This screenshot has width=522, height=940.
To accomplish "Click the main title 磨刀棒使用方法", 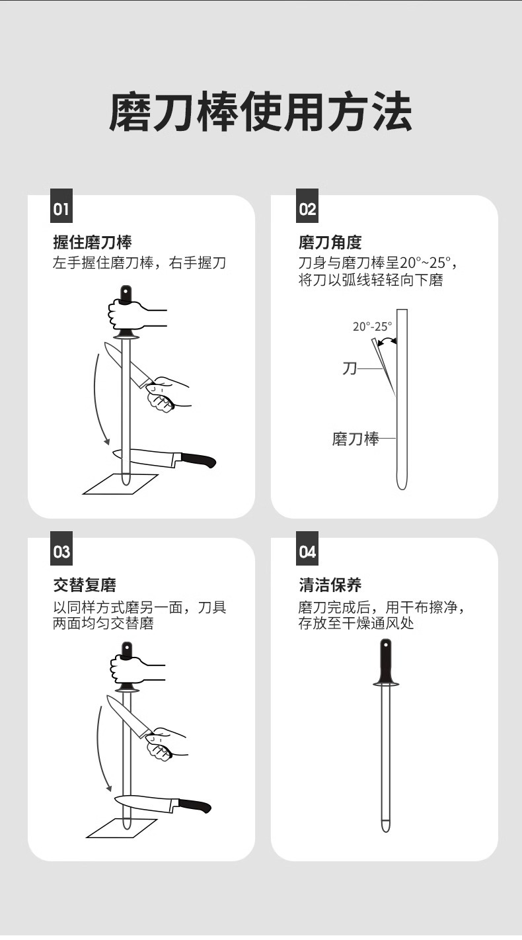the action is click(x=260, y=112).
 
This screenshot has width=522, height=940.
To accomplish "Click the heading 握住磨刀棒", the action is click(x=93, y=242).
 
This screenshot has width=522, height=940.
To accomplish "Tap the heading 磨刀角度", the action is click(x=330, y=242).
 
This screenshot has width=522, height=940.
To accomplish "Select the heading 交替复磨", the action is click(x=85, y=585).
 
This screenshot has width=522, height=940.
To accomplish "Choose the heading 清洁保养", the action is click(x=330, y=585).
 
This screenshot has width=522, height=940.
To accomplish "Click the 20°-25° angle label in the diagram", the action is click(x=372, y=326).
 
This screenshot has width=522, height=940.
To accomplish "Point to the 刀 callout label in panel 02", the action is click(x=350, y=368).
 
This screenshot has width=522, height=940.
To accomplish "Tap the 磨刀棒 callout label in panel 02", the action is click(x=355, y=439).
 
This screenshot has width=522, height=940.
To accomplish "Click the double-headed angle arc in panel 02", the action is click(x=387, y=339).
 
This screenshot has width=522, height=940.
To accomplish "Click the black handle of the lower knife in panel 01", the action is click(x=199, y=459).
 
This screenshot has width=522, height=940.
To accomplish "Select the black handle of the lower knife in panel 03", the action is click(x=195, y=805).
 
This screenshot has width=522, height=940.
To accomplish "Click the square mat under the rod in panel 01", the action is click(x=121, y=484).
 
